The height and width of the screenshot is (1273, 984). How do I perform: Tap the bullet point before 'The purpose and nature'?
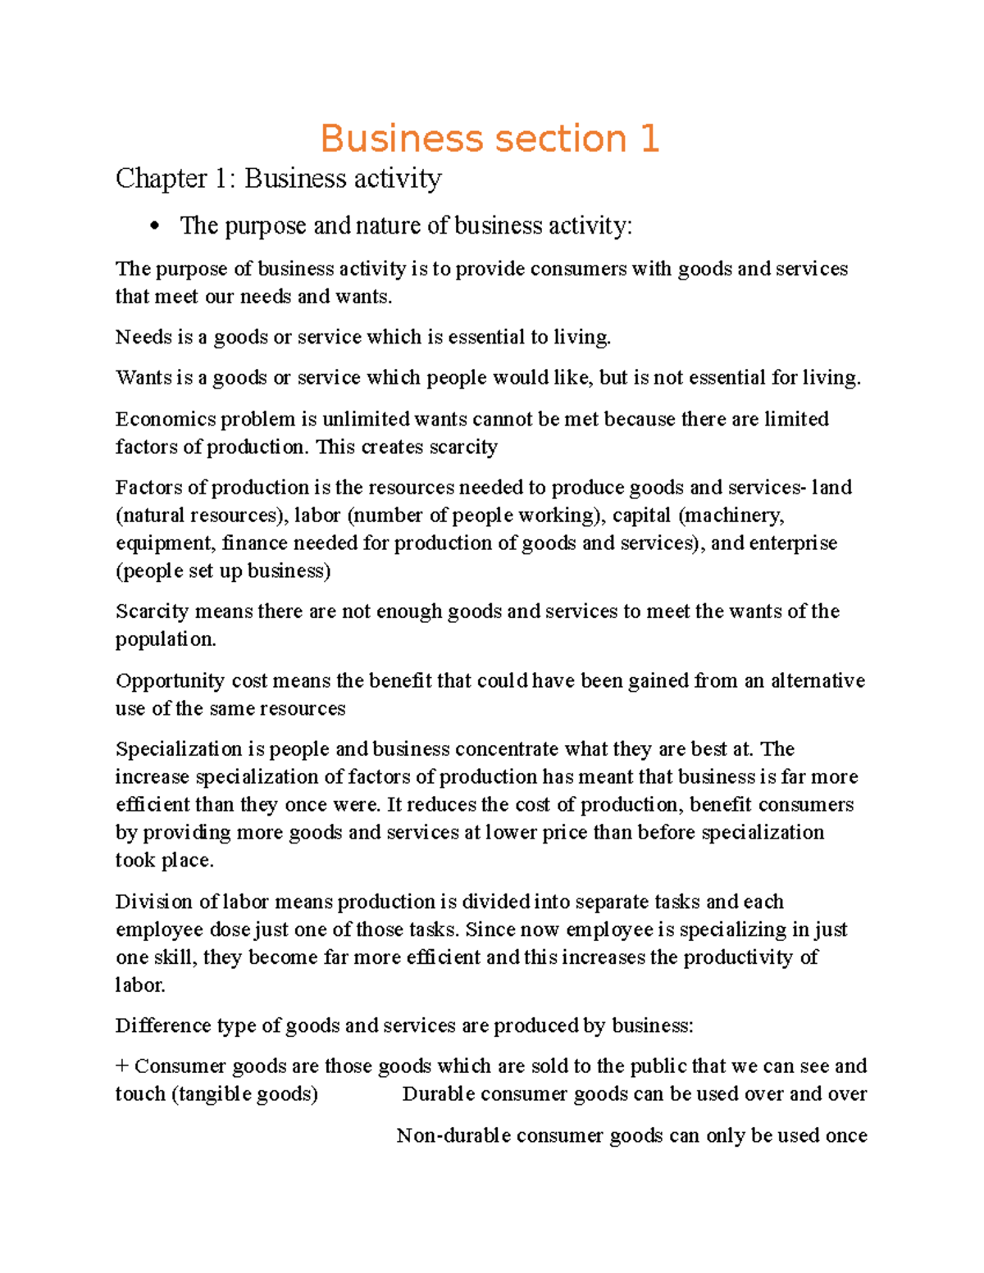click(x=154, y=227)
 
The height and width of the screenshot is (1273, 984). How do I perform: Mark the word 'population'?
click(x=165, y=639)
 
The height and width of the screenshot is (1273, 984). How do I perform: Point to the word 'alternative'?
click(x=817, y=680)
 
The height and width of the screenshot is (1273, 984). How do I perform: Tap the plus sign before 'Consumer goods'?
click(x=122, y=1066)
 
